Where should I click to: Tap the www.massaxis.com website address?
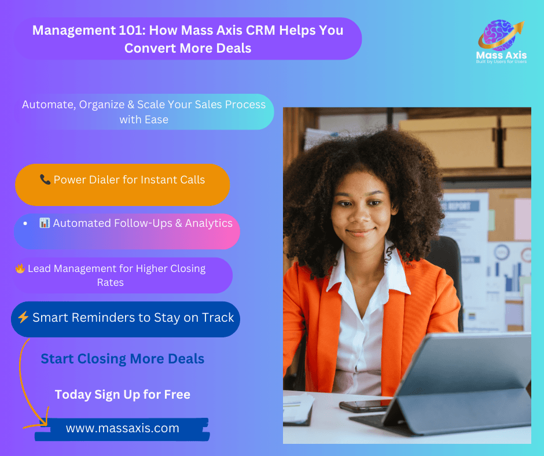pyautogui.click(x=122, y=429)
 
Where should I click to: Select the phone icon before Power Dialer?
pyautogui.click(x=45, y=180)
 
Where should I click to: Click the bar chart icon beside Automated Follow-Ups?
pyautogui.click(x=45, y=223)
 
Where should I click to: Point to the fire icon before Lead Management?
pyautogui.click(x=20, y=269)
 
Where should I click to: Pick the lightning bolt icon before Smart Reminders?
pyautogui.click(x=23, y=318)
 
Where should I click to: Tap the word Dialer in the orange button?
pyautogui.click(x=104, y=180)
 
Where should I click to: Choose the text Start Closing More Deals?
pyautogui.click(x=122, y=359)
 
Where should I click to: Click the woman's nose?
pyautogui.click(x=359, y=217)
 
